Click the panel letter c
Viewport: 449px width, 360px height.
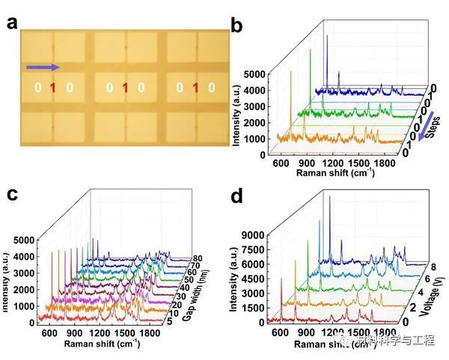[12, 195]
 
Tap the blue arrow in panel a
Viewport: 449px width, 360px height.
[43, 68]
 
